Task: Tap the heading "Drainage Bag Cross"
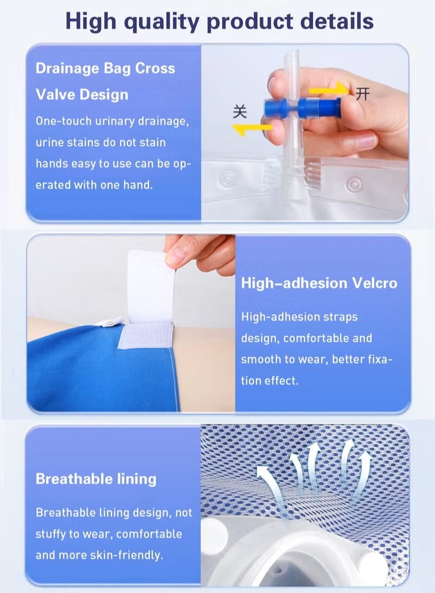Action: (x=105, y=69)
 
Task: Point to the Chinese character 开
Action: (x=363, y=94)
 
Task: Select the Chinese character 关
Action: (x=240, y=111)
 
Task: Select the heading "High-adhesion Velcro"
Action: (x=319, y=283)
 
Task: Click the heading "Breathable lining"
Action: (x=96, y=479)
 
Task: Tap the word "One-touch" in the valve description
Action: (x=59, y=121)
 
